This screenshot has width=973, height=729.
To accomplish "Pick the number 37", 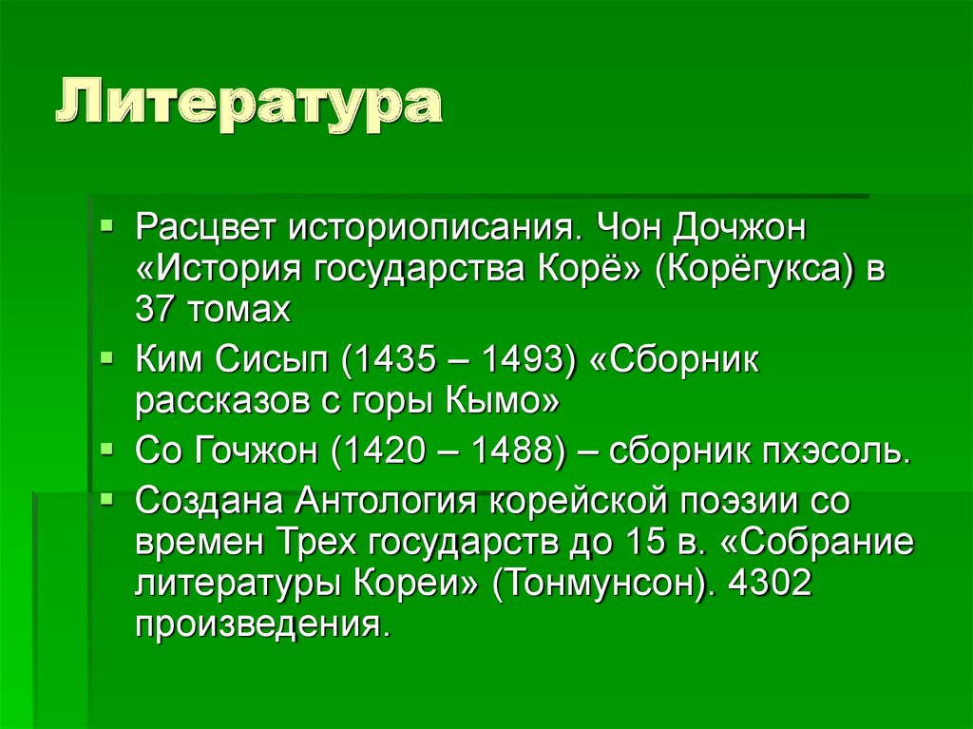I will (155, 310).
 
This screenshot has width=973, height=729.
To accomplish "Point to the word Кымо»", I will (503, 403).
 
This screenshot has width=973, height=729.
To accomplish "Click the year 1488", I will (508, 451).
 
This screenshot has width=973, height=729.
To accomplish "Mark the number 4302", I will (770, 584).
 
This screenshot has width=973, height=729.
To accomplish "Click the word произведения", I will (262, 625).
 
